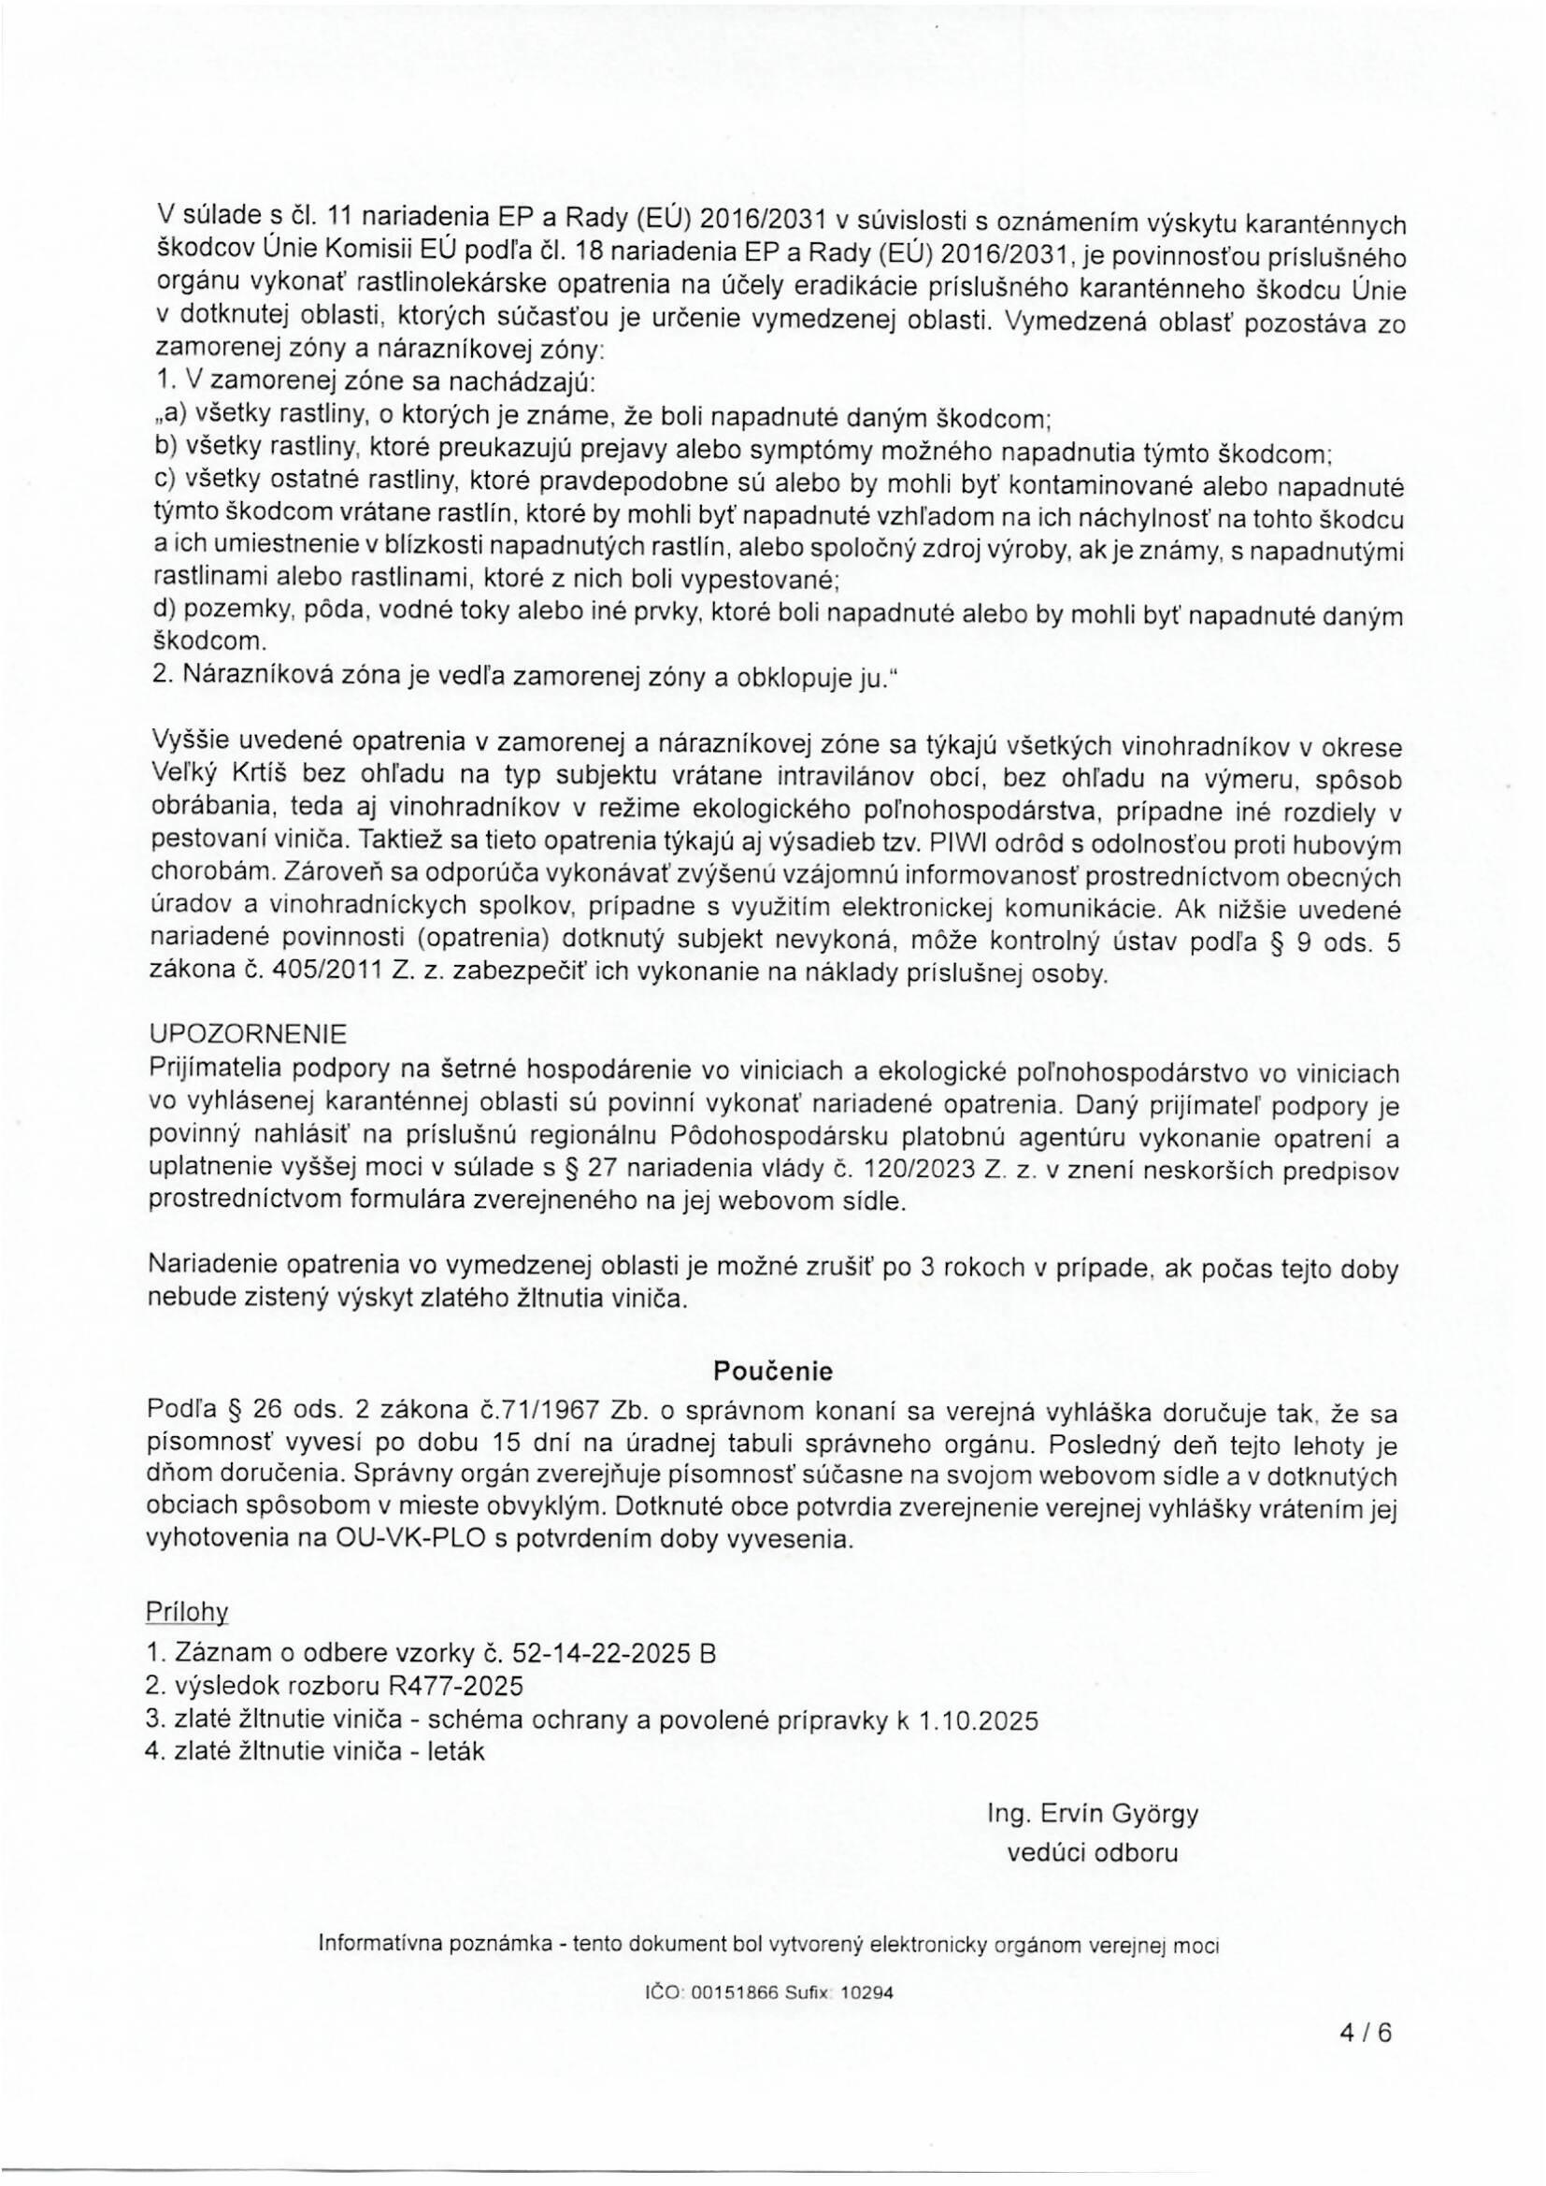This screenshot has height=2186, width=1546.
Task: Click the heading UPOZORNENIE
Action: pos(250,1033)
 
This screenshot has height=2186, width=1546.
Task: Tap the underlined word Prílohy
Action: pos(188,1610)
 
